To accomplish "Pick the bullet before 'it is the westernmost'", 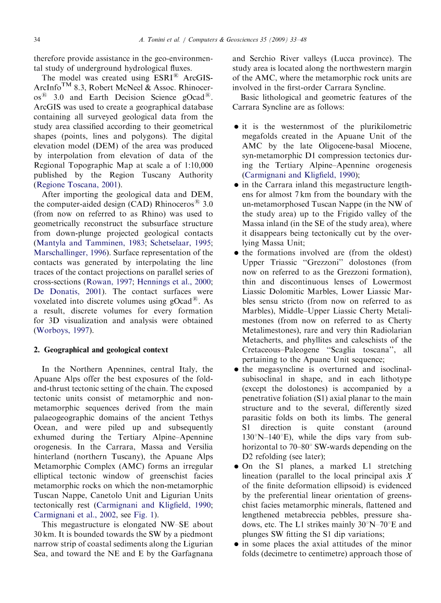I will tap(237, 127).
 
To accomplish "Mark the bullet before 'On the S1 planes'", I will tap(237, 466).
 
